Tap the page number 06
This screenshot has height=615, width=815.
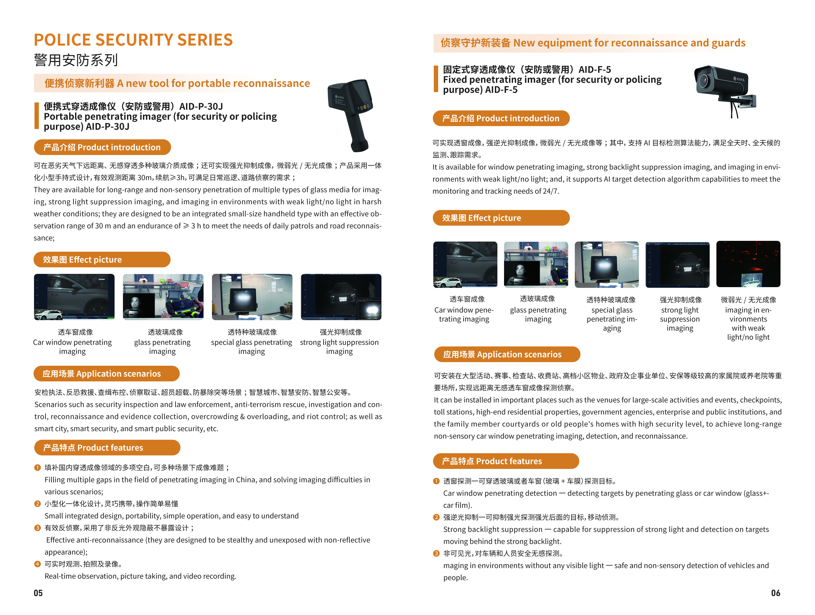coord(776,593)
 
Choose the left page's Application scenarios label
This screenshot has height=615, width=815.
coord(106,373)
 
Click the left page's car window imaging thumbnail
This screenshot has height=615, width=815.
coord(74,297)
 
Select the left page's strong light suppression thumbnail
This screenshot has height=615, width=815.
coord(341,297)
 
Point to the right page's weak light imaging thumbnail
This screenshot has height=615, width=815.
coord(748,264)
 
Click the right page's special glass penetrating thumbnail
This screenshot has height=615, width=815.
coord(607,264)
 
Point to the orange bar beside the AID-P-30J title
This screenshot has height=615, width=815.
coord(36,116)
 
